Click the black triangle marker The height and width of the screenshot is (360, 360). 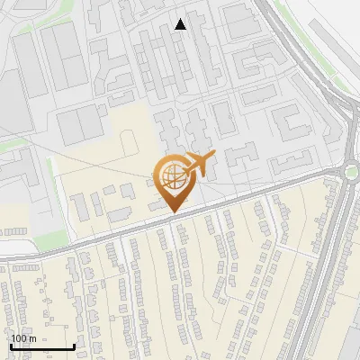pyautogui.click(x=181, y=24)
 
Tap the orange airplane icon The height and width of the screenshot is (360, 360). pyautogui.click(x=197, y=164)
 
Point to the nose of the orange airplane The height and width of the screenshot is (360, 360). pyautogui.click(x=213, y=156)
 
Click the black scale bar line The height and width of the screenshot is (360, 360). pyautogui.click(x=41, y=347)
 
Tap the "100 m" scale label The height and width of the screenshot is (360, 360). pyautogui.click(x=23, y=338)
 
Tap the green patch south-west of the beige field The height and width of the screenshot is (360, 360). pyautogui.click(x=52, y=239)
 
